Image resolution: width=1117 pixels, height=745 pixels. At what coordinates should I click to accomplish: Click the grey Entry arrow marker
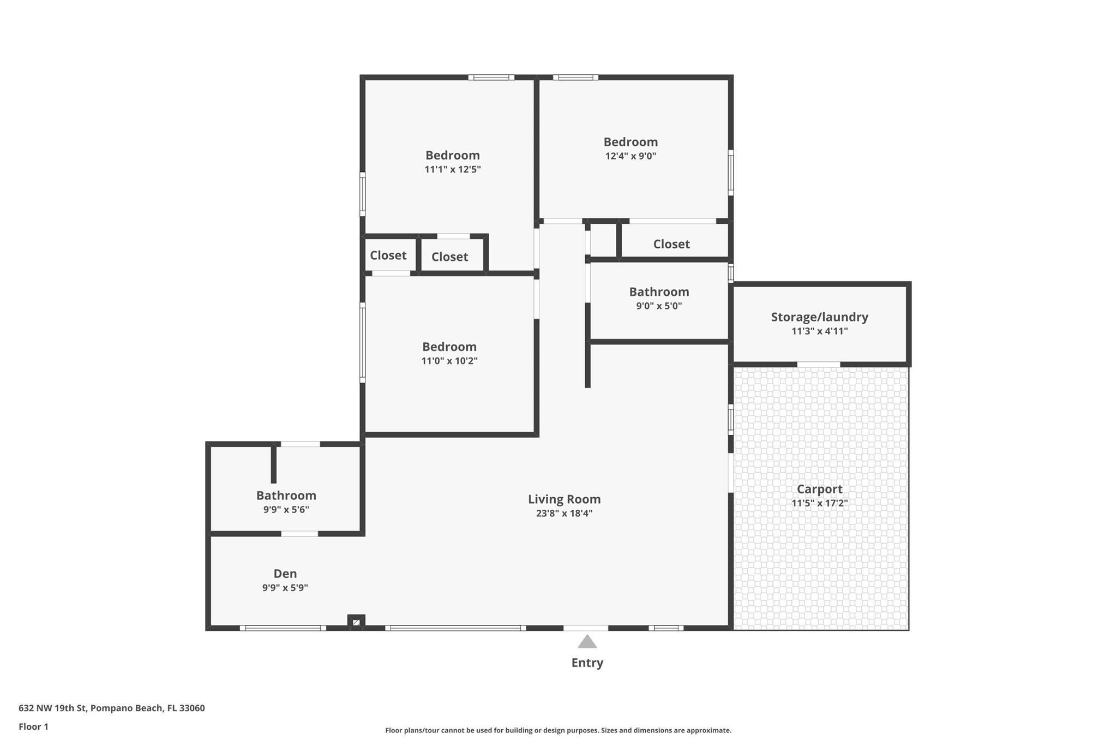coord(587,641)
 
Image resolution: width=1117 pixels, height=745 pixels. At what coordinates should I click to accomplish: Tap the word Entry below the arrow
coord(587,663)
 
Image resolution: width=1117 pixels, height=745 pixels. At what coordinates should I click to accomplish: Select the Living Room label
coord(564,499)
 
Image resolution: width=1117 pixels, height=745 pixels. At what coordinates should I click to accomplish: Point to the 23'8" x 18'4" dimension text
coord(564,513)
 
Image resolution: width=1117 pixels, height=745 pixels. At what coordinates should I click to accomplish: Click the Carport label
coord(819,489)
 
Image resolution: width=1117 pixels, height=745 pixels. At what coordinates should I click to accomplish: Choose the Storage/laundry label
coord(819,317)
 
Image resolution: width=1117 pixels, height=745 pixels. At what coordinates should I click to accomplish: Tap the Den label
coord(285,574)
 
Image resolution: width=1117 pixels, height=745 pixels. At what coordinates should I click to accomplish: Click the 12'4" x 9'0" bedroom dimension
coord(630,156)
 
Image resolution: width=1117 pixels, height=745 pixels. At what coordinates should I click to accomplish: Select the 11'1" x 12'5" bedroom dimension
coord(453,169)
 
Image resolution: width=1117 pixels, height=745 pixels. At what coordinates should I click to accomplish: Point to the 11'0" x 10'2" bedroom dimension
coord(449,361)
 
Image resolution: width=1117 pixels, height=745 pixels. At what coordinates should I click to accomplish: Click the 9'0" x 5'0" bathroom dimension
coord(659,306)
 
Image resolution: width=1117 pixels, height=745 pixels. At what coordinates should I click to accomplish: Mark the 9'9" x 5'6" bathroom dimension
coord(286,510)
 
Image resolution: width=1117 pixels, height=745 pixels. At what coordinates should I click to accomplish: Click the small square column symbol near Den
coord(356,622)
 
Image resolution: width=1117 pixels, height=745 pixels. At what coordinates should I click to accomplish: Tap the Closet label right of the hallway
coord(671,244)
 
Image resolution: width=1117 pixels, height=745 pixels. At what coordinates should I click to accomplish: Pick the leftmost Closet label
coord(388,255)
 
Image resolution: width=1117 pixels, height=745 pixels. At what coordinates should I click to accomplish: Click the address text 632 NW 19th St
coord(52,708)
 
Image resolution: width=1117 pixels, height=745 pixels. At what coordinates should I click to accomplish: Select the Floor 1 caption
coord(33,727)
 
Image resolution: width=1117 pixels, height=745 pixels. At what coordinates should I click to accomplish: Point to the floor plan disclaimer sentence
coord(558,730)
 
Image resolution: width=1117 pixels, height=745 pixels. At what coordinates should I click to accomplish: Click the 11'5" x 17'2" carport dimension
coord(819,503)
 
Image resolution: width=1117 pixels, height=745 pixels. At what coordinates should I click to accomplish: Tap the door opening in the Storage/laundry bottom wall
coord(819,364)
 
